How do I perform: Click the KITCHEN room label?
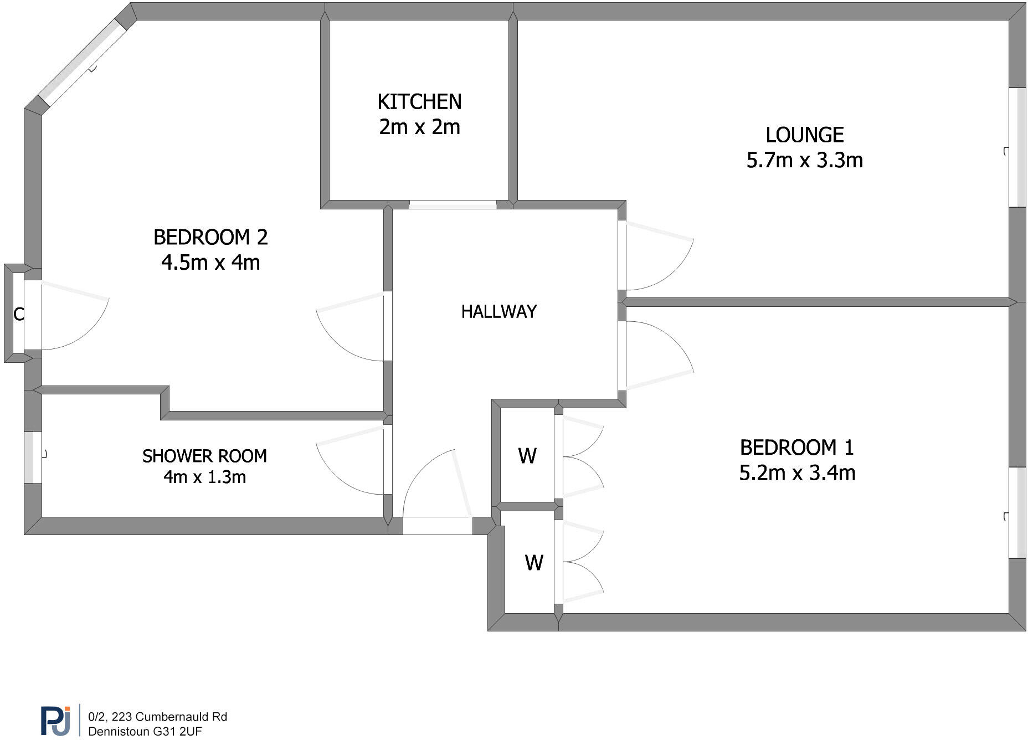click(x=419, y=102)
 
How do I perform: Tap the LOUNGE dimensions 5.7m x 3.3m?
click(x=804, y=161)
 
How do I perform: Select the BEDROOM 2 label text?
click(x=210, y=237)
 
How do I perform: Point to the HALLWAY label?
click(x=498, y=311)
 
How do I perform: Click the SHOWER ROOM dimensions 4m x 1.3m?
click(x=204, y=477)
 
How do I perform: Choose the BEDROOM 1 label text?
click(x=796, y=448)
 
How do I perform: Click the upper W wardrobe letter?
click(x=527, y=456)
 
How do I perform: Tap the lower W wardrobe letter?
click(x=534, y=563)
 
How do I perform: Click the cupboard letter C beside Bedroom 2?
click(x=18, y=315)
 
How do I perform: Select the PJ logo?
click(x=55, y=720)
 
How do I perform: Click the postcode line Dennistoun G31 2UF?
click(x=145, y=731)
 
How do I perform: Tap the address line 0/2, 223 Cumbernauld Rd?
click(x=157, y=717)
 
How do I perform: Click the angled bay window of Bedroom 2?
click(x=83, y=63)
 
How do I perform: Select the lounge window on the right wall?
click(x=1017, y=147)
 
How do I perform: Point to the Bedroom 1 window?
click(x=1017, y=513)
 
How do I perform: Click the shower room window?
click(x=33, y=457)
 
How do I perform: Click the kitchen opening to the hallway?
click(x=453, y=205)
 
